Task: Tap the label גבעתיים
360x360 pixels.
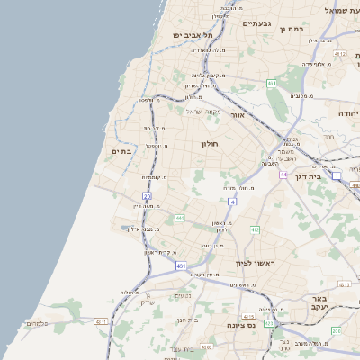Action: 256,23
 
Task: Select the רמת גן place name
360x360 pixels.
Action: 294,29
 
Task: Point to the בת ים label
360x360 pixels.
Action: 121,151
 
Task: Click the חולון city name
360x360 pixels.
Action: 209,143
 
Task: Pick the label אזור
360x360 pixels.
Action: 237,116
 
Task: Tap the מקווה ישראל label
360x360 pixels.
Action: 202,112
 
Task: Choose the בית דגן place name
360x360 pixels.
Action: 309,176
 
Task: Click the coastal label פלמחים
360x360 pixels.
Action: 37,323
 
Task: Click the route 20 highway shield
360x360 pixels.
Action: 147,195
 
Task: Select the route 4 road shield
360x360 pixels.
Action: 232,202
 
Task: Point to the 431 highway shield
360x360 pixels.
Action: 181,266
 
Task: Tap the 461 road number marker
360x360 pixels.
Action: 271,83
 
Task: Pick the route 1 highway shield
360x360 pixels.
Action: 336,177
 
